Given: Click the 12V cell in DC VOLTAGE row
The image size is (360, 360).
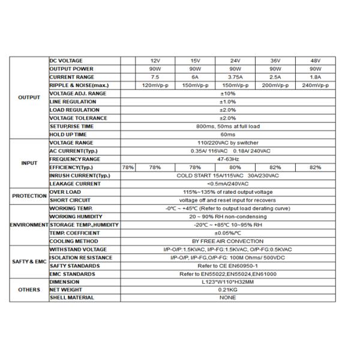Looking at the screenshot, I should [155, 61].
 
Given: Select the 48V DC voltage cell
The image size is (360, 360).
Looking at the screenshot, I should [316, 61].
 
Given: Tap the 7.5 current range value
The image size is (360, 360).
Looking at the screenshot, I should [155, 77].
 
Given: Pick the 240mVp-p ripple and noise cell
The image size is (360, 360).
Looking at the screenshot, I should [316, 86].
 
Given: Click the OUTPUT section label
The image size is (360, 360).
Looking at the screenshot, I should [29, 98].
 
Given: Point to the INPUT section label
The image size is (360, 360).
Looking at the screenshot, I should [29, 163].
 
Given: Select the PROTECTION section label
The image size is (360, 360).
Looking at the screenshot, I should [29, 196].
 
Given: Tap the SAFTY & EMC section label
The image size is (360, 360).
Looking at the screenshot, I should [29, 262].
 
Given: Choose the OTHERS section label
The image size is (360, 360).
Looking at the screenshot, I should [29, 289].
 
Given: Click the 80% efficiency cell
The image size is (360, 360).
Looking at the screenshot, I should [235, 167].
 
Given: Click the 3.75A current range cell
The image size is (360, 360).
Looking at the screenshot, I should [235, 77].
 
